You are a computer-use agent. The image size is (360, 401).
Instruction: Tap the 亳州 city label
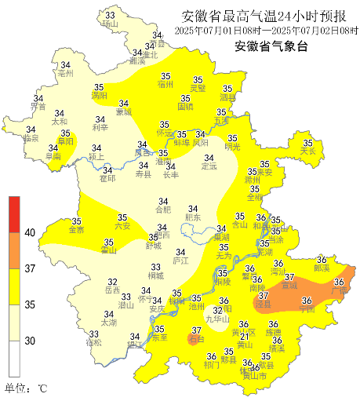(x=66, y=73)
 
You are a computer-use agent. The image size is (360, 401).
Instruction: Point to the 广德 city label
(x=340, y=291)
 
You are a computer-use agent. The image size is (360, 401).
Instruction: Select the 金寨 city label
(x=77, y=230)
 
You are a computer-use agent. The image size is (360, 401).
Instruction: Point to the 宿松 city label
(x=94, y=343)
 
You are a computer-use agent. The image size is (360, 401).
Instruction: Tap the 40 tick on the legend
(x=30, y=232)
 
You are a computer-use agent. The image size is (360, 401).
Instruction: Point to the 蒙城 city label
(x=124, y=111)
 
